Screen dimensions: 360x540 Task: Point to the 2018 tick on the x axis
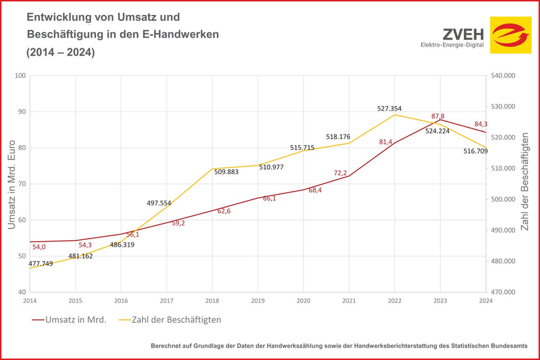coord(212,301)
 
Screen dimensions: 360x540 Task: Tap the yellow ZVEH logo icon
coord(510,35)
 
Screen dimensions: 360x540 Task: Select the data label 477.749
coord(40,263)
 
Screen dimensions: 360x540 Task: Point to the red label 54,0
coord(40,247)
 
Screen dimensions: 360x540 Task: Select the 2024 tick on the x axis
coord(486,301)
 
